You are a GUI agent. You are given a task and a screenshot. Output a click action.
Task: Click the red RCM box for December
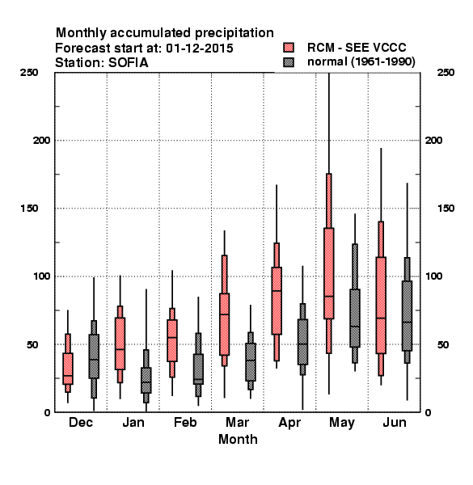(x=68, y=369)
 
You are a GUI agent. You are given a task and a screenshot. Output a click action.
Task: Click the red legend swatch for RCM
(x=289, y=48)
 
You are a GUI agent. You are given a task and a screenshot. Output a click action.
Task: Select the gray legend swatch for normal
(x=289, y=62)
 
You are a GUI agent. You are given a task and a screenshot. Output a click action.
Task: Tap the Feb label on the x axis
(x=185, y=422)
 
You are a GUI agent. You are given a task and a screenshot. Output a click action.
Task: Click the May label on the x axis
(x=342, y=423)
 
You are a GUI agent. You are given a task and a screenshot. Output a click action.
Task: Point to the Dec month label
(x=81, y=422)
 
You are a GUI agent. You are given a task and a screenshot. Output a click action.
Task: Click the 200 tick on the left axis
(x=41, y=141)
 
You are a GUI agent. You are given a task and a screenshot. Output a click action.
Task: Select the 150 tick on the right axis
(x=446, y=209)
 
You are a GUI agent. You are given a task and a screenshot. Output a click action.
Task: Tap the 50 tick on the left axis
(x=33, y=344)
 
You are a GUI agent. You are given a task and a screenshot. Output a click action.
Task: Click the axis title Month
(x=238, y=439)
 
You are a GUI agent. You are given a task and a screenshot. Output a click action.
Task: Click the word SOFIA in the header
(x=128, y=63)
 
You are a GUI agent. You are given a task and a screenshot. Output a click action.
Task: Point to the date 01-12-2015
(x=200, y=48)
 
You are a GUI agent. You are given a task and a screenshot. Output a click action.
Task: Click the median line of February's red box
(x=172, y=337)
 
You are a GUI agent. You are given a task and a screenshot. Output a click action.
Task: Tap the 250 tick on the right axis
(x=446, y=73)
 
